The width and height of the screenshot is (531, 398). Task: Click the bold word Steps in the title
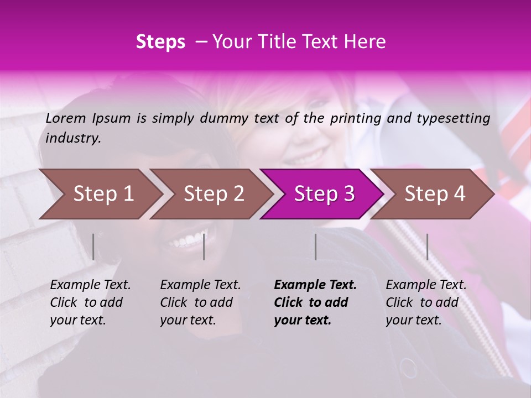coord(160,42)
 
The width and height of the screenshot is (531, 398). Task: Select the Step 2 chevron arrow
coord(213,194)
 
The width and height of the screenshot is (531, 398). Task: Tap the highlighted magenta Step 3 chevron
coord(323,194)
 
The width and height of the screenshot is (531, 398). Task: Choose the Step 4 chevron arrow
coord(434,194)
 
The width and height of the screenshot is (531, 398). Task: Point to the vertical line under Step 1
coord(93,247)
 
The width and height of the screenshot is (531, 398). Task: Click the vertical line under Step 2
coord(204,247)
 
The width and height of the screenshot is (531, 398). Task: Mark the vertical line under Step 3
coord(315,247)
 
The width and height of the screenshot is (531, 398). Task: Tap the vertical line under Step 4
coord(427,247)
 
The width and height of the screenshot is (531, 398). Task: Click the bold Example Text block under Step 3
coord(314,302)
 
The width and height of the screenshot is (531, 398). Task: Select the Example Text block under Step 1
coord(90,302)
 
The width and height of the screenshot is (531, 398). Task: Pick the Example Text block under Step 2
coord(200,302)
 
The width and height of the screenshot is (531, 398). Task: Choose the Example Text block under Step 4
coord(426,302)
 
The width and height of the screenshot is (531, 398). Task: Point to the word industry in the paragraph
coord(73,138)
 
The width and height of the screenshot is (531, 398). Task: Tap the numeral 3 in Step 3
coord(348,194)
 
